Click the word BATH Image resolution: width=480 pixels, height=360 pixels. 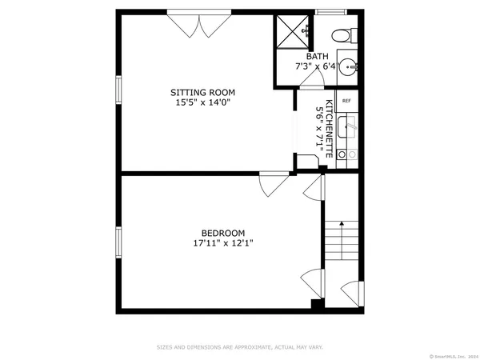[x=316, y=56]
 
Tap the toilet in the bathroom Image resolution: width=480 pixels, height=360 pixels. [x=342, y=34]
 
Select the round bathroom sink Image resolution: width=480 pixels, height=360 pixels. [x=346, y=66]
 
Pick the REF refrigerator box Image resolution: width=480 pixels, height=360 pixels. [x=346, y=101]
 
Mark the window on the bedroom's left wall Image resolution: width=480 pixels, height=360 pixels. [x=118, y=242]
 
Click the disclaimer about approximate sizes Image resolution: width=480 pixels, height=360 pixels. [x=239, y=347]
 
